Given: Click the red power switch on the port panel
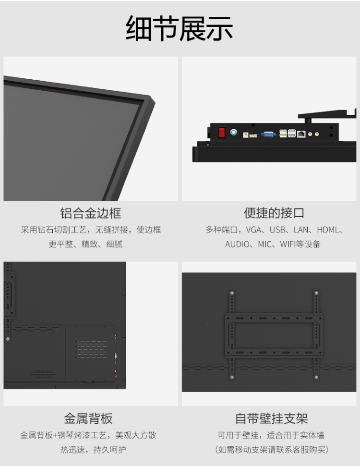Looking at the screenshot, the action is (x=222, y=132).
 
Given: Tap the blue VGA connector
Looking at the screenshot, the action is (x=268, y=135).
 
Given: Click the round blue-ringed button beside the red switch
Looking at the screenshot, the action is (x=234, y=132).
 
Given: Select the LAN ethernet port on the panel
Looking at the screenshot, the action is (x=301, y=134).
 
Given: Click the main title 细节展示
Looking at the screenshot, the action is (x=180, y=28).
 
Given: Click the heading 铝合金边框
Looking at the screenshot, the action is (x=91, y=213).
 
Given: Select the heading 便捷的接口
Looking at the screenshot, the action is (x=274, y=213).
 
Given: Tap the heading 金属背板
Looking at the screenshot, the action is (x=88, y=418).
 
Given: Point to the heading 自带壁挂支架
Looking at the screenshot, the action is (x=272, y=418).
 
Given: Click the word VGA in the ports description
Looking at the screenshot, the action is (x=253, y=230).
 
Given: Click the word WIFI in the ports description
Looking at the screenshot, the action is (x=288, y=245).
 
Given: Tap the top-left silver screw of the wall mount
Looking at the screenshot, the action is (x=232, y=293).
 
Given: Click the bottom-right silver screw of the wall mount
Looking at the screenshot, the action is (x=316, y=378).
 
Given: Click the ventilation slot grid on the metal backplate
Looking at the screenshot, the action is (x=91, y=349).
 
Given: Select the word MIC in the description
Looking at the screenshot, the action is (x=264, y=245).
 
